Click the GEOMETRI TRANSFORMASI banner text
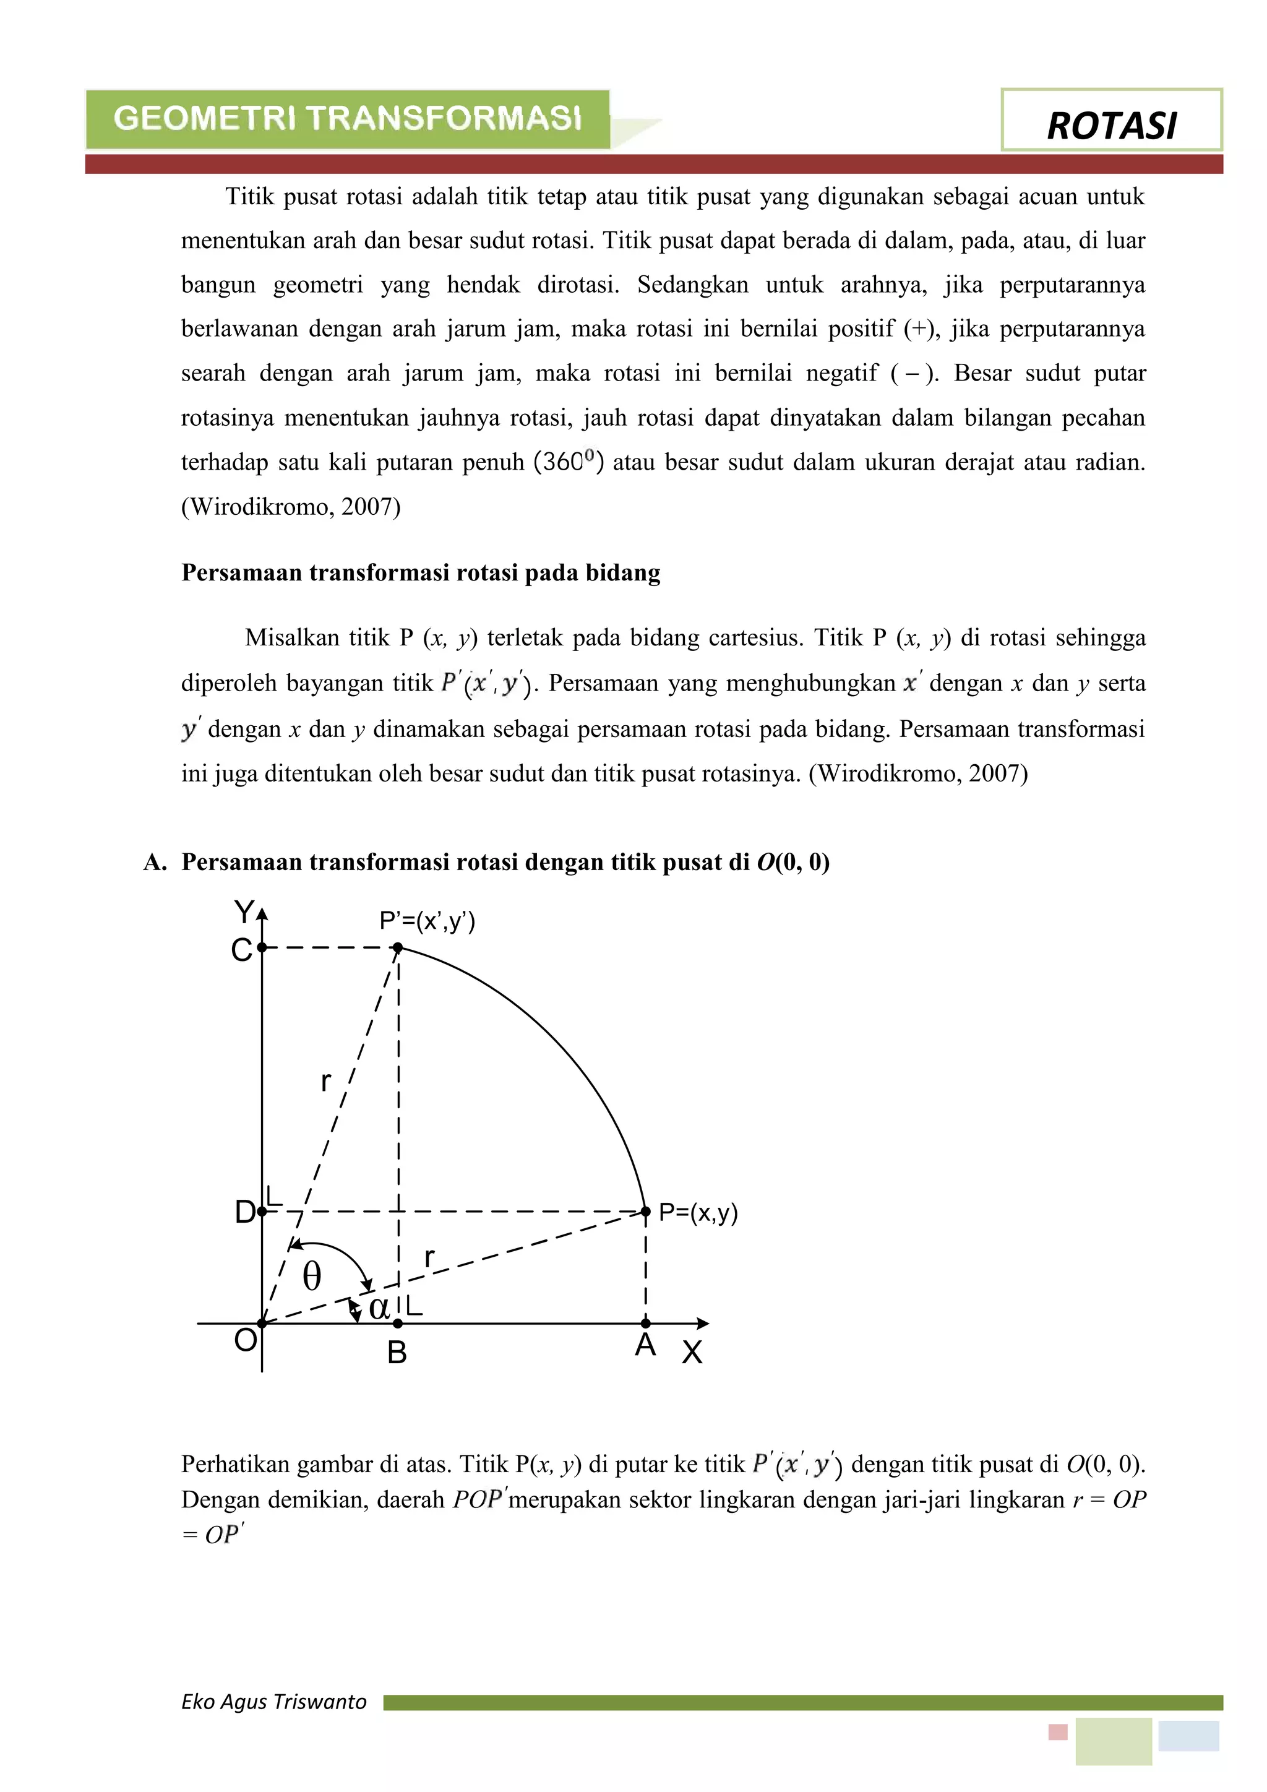coord(348,119)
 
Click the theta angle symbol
coord(311,1277)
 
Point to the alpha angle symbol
coord(379,1307)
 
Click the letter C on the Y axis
coord(242,950)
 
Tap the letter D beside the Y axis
coord(244,1212)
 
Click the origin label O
coord(245,1340)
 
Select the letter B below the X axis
coord(397,1353)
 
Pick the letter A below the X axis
coord(645,1345)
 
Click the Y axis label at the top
coord(244,911)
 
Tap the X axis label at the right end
coord(692,1353)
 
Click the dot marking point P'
coord(398,947)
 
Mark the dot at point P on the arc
coord(645,1212)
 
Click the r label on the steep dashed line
coord(326,1082)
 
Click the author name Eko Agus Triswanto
coord(274,1702)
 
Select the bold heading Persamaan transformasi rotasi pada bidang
coord(421,573)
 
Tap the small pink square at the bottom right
coord(1057,1732)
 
